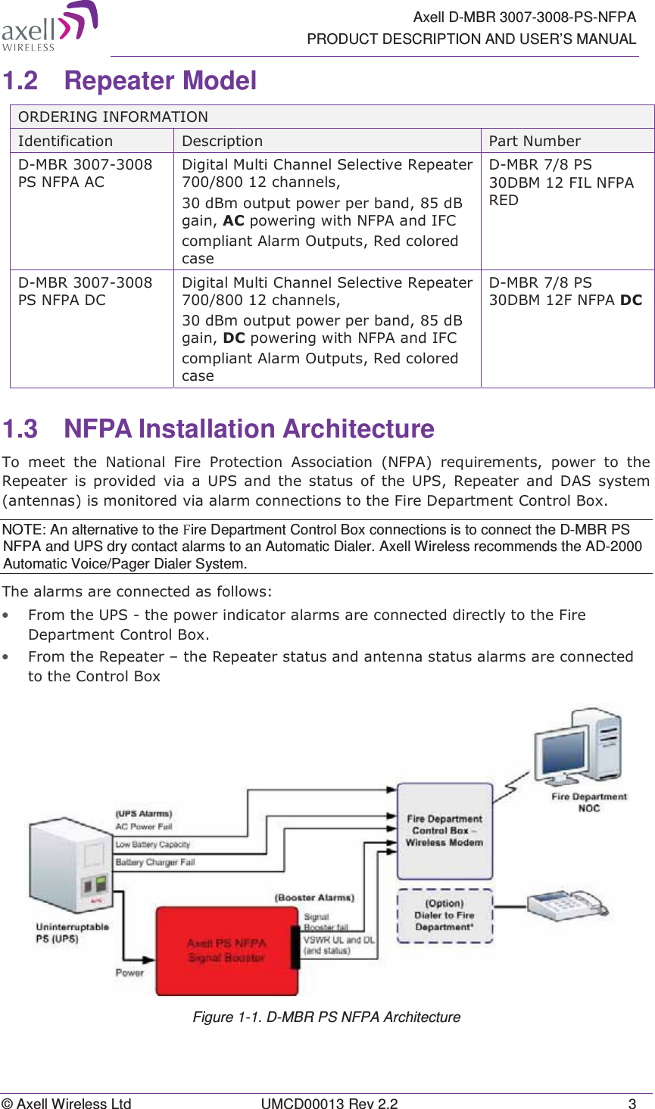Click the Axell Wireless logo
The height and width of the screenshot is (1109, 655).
point(49,26)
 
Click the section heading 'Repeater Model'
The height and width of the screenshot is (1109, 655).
point(160,80)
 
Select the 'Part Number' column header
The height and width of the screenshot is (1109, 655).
point(535,141)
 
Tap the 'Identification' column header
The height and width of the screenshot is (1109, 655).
point(65,141)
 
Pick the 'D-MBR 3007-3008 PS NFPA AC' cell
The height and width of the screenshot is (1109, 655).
point(85,173)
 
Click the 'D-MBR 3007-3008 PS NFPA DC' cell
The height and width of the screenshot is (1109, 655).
point(85,291)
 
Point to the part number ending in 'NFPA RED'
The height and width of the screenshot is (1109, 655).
point(561,182)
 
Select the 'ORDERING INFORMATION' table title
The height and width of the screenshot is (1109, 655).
point(113,117)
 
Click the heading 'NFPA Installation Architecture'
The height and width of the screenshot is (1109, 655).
point(248,428)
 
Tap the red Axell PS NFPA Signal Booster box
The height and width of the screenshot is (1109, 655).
point(226,950)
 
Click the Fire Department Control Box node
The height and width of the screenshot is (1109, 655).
point(444,830)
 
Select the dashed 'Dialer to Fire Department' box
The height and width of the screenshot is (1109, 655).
point(444,915)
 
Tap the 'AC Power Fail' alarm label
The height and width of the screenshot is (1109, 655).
point(144,827)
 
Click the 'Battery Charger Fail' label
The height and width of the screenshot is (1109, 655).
point(155,862)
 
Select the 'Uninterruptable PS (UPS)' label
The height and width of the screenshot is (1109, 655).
point(72,933)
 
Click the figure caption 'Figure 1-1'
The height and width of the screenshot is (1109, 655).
point(326,1017)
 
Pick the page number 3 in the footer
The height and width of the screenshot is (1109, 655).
point(632,1103)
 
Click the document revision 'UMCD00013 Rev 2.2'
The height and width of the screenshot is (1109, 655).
point(329,1103)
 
